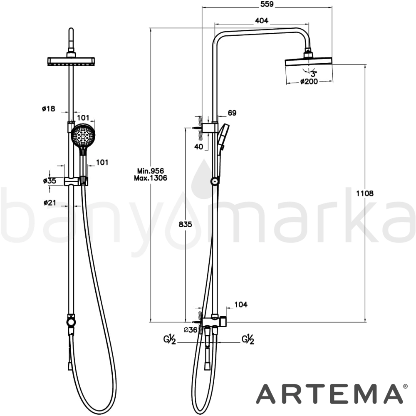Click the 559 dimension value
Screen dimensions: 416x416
click(x=267, y=4)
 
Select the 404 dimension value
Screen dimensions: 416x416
click(x=262, y=20)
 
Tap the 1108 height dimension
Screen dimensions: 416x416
click(x=364, y=193)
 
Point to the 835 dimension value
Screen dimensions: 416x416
click(x=185, y=225)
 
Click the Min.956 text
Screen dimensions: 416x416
click(x=151, y=171)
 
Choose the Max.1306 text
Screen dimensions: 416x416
click(x=151, y=178)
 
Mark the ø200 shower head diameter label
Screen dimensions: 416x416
click(x=309, y=82)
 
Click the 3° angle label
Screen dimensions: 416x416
click(x=314, y=74)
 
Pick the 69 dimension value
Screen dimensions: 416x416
click(x=232, y=113)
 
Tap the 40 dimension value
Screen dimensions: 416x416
click(x=199, y=146)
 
